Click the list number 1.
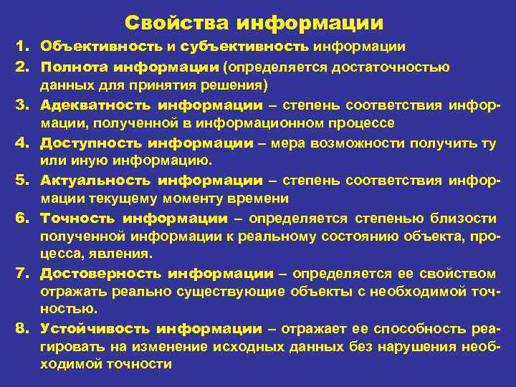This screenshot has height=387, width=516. pos(21,47)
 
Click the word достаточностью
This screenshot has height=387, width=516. pos(398,67)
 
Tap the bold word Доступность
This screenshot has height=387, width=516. pos(92,143)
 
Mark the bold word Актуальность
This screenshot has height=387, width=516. pos(95,181)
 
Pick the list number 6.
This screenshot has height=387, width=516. pos(21,218)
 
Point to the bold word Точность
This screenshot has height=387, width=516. pos(77,218)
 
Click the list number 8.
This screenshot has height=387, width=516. pos(21,329)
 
